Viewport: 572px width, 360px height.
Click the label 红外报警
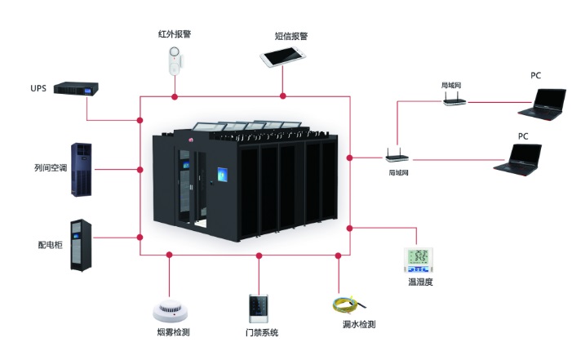174,35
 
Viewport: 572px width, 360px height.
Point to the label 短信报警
291,36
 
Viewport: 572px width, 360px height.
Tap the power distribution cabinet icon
80,244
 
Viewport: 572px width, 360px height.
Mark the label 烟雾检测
172,332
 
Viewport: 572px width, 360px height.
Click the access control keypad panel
260,309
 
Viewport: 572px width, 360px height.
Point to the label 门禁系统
261,333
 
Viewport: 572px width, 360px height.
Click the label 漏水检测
359,325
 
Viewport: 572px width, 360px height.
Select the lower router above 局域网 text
397,155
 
